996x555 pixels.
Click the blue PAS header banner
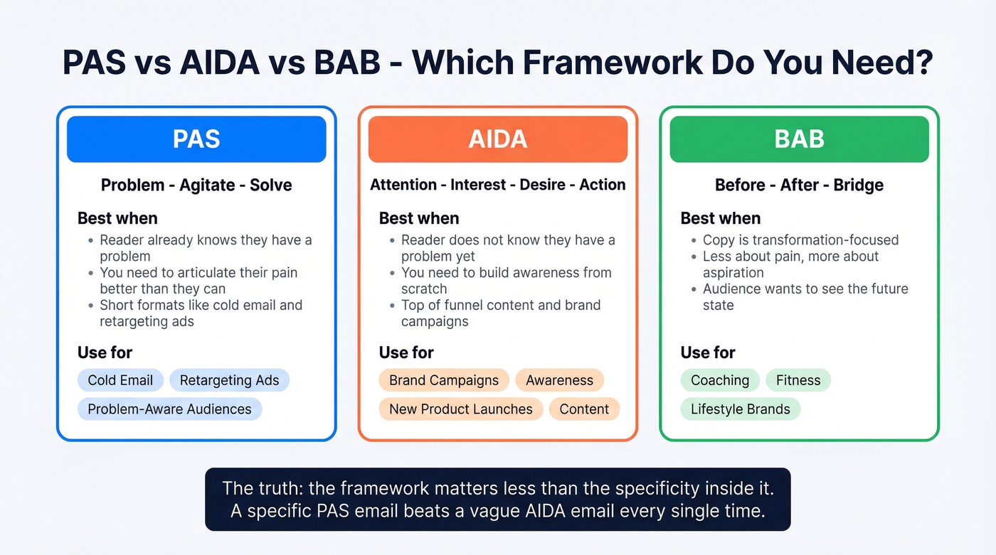pyautogui.click(x=196, y=139)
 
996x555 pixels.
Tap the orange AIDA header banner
pyautogui.click(x=497, y=139)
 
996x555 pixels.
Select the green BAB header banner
pyautogui.click(x=799, y=139)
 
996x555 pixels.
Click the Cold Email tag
pyautogui.click(x=120, y=380)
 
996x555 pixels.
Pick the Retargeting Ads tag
pyautogui.click(x=229, y=380)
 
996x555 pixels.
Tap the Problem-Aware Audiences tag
pyautogui.click(x=169, y=409)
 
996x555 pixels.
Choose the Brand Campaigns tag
pyautogui.click(x=444, y=380)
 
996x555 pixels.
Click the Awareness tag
pyautogui.click(x=559, y=380)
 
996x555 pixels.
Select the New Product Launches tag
pyautogui.click(x=460, y=409)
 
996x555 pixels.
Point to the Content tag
pyautogui.click(x=584, y=409)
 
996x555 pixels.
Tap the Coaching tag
pyautogui.click(x=720, y=380)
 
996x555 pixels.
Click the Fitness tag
pyautogui.click(x=798, y=380)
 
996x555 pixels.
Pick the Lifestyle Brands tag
pyautogui.click(x=740, y=409)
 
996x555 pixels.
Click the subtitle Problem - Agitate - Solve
pyautogui.click(x=196, y=185)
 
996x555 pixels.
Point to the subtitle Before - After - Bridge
pyautogui.click(x=799, y=185)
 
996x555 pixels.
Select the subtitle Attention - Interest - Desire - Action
pyautogui.click(x=497, y=185)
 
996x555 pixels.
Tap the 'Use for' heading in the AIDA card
pyautogui.click(x=406, y=352)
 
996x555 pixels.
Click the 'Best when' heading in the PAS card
pyautogui.click(x=117, y=218)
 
